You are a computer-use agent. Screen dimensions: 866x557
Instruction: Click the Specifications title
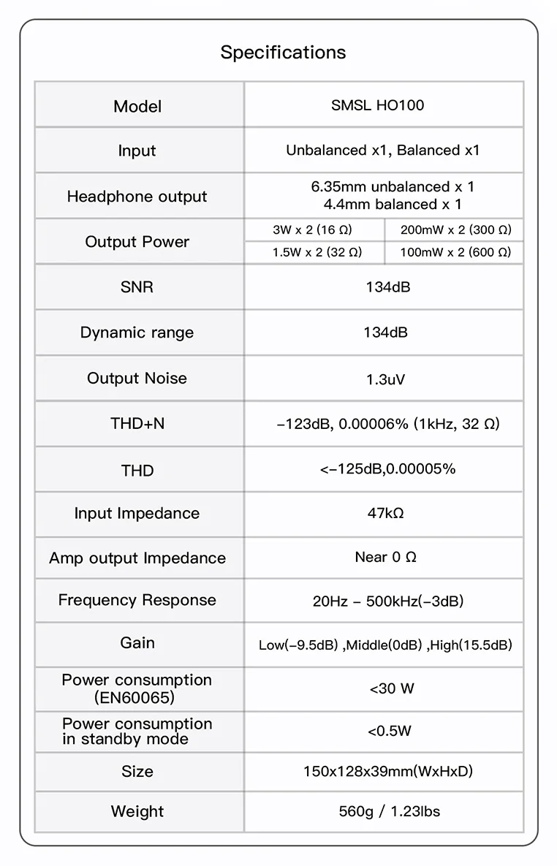[283, 53]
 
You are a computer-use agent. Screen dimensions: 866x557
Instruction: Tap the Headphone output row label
[137, 196]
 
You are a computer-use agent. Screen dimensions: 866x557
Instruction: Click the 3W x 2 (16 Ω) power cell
[312, 229]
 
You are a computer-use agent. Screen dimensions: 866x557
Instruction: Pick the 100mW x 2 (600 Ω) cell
[455, 252]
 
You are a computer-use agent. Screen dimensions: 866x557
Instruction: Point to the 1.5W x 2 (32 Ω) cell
[317, 252]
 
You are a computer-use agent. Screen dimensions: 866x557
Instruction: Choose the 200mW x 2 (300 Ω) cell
[455, 229]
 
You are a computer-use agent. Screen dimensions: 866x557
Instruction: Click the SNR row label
[137, 287]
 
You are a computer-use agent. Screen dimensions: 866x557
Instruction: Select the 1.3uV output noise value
[385, 379]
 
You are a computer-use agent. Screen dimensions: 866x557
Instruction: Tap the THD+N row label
[137, 423]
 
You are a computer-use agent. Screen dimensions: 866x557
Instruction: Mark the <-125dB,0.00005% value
[387, 469]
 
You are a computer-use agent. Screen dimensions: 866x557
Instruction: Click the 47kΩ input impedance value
[385, 513]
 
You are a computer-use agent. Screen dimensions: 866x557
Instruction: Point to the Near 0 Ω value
[385, 558]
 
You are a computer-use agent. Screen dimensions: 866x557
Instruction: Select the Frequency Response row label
[137, 600]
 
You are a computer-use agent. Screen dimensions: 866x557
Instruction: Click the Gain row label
[137, 643]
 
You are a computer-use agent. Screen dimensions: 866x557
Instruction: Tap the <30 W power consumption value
[392, 688]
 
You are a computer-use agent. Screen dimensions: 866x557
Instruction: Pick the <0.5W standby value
[390, 731]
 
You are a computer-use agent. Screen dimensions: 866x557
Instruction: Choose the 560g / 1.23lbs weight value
[390, 811]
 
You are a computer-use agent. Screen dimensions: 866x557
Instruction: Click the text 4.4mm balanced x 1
[393, 205]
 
